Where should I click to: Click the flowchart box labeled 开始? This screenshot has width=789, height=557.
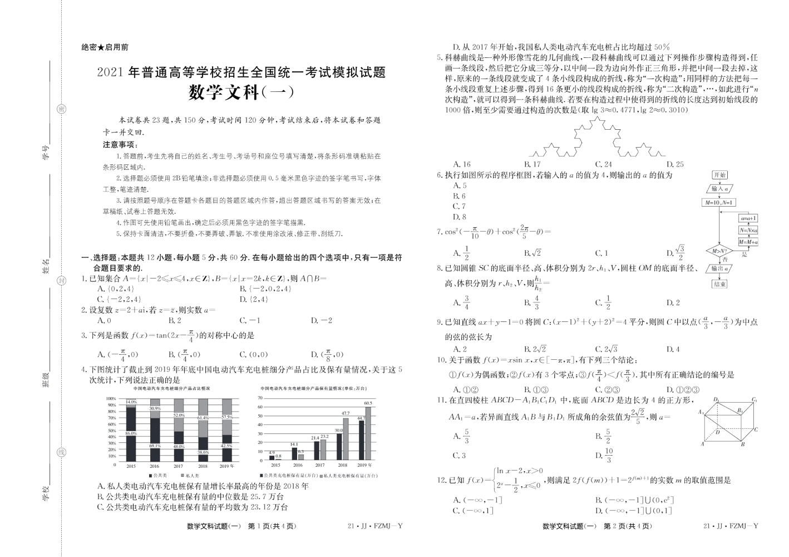[719, 175]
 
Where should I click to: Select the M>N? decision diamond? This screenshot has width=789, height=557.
[719, 251]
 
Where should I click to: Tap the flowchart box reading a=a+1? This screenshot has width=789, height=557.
[748, 218]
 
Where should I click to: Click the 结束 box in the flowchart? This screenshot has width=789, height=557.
[719, 284]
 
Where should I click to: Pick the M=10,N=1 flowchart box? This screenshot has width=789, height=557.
[719, 203]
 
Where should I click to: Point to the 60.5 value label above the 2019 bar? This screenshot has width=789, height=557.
[368, 403]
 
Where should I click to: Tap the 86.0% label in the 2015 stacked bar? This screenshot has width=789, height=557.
[131, 433]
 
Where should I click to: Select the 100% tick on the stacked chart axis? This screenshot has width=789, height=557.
[111, 399]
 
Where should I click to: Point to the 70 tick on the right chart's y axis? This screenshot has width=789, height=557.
[260, 398]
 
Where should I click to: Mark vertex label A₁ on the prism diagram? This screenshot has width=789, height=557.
[701, 412]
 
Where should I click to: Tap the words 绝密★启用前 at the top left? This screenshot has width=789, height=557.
[105, 48]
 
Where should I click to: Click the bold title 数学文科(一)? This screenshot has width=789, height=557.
[241, 92]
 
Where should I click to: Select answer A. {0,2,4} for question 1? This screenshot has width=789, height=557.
[116, 289]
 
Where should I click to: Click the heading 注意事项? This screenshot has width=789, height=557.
[120, 145]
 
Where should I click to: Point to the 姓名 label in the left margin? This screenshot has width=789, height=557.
[46, 266]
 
